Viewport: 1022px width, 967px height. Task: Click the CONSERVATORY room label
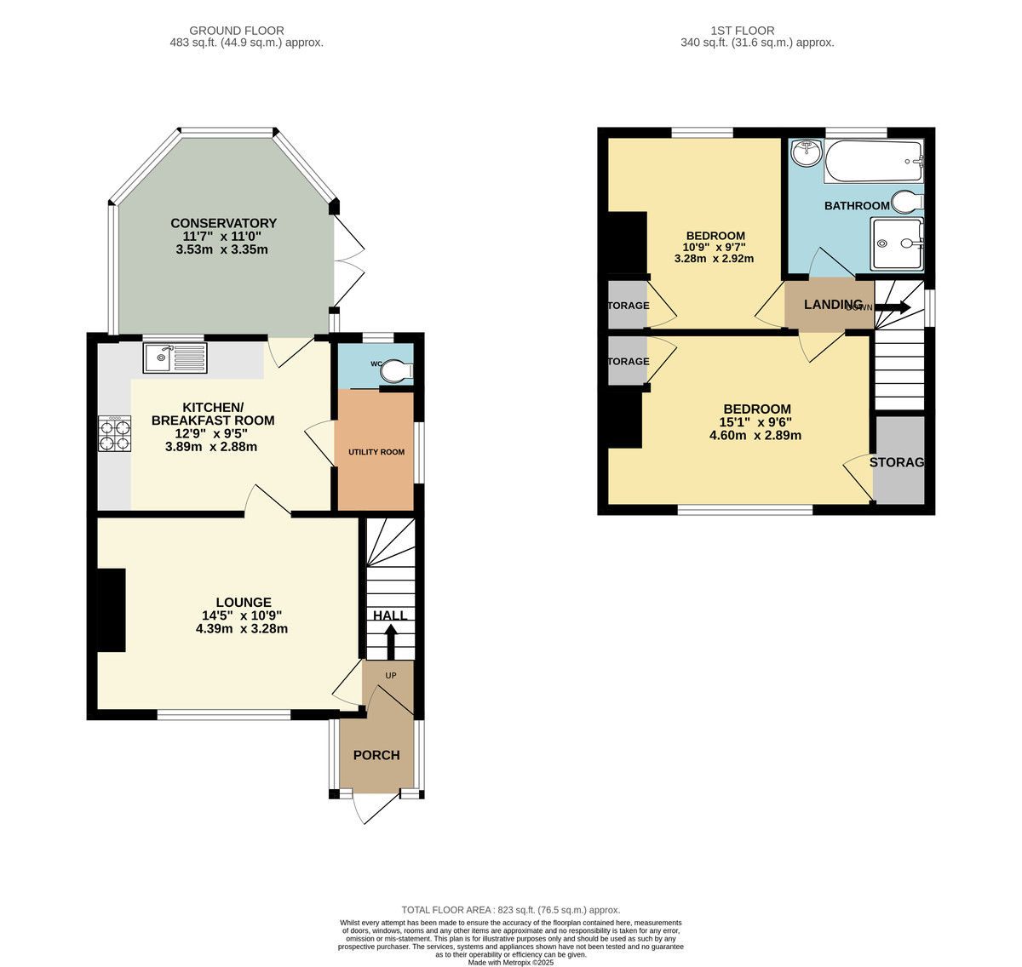point(223,224)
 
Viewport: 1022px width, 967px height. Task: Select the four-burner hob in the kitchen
point(116,434)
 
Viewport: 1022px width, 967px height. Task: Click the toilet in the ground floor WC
point(396,371)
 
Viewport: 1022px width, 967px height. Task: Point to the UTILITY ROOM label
point(376,452)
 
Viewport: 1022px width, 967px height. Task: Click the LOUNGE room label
point(243,603)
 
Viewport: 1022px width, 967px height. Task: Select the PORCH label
point(376,755)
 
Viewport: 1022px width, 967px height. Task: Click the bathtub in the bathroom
point(874,162)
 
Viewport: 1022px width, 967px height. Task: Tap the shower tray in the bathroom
point(897,243)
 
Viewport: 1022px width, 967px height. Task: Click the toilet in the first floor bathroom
point(905,203)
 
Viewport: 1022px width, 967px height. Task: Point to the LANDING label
point(833,305)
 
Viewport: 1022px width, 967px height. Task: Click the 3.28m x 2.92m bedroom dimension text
point(714,259)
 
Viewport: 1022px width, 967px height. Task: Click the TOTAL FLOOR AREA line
point(511,910)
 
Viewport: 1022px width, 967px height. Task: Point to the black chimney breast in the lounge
point(112,610)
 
